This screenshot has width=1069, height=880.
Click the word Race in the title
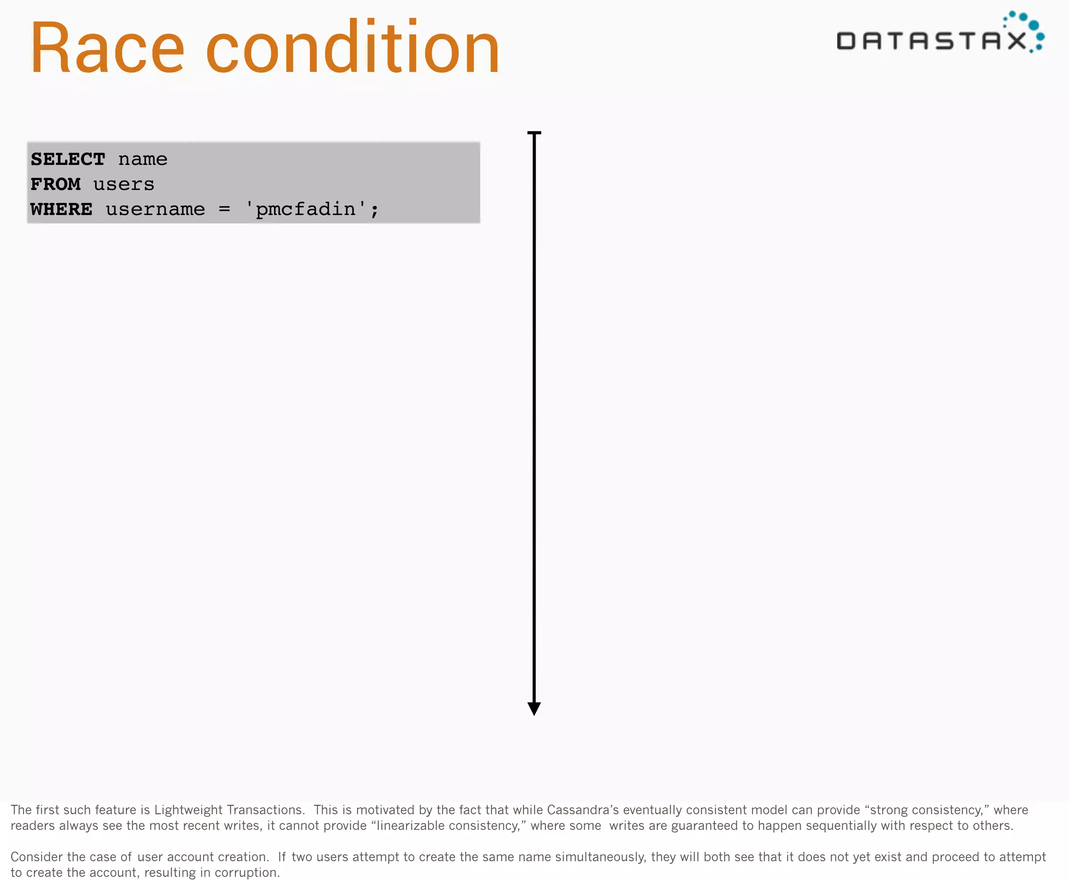[x=108, y=49]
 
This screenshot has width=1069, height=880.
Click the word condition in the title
[x=353, y=49]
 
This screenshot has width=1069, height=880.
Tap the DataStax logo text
[x=932, y=41]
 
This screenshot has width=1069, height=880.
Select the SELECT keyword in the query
[x=68, y=159]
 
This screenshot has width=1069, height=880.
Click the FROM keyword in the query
[x=55, y=184]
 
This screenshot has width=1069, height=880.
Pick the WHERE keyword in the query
[x=62, y=209]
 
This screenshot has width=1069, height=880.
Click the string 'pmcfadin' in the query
[x=305, y=209]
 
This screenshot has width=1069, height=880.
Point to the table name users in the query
[x=124, y=184]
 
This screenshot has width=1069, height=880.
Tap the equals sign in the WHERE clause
[x=224, y=209]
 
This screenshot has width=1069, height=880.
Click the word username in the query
[x=156, y=209]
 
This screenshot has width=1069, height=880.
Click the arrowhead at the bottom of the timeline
[x=534, y=708]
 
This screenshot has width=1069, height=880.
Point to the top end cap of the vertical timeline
[x=534, y=133]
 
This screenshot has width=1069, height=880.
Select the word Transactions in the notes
[x=266, y=810]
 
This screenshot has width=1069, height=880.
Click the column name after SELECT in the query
[x=142, y=159]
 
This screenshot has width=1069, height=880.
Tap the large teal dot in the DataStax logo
[x=1034, y=25]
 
